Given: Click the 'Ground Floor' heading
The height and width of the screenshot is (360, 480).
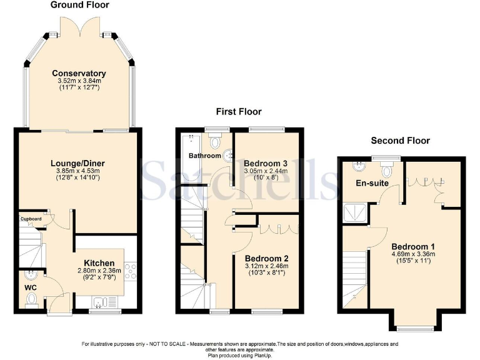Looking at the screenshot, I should (x=79, y=5).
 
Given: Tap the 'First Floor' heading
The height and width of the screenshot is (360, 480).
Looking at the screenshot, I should (x=239, y=112).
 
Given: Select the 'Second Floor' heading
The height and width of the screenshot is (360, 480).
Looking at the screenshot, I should (x=400, y=141).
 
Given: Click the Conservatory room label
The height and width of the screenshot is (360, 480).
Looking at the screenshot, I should (x=79, y=73).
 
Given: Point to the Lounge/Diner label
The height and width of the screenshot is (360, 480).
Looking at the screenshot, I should (x=77, y=164).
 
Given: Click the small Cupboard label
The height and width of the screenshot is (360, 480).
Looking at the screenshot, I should (x=31, y=219).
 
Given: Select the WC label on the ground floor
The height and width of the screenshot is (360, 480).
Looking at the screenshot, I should (x=31, y=287).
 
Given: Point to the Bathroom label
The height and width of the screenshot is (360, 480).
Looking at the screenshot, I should (x=206, y=156).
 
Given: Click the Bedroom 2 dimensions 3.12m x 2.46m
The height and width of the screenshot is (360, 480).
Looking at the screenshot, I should (x=267, y=266).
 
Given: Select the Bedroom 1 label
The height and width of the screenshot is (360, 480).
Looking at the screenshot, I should (x=412, y=246).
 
